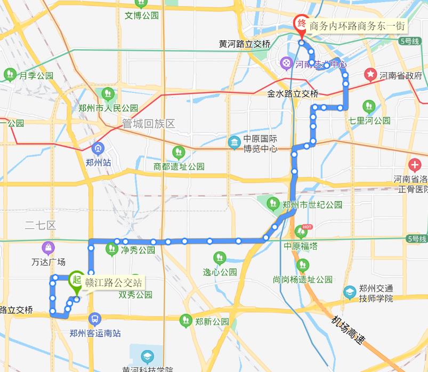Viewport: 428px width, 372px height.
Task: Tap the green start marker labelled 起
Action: tap(76, 280)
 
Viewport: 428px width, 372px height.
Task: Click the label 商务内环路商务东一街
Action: tap(358, 26)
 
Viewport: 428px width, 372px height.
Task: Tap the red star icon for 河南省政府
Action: tap(370, 75)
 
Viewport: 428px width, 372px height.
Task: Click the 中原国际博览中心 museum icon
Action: tap(233, 143)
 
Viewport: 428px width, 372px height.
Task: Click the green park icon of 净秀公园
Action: tap(111, 248)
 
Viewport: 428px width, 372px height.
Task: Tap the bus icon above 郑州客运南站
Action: tap(94, 319)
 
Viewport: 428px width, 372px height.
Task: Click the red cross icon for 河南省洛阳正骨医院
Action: tap(414, 165)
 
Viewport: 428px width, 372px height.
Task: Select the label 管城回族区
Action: tap(149, 124)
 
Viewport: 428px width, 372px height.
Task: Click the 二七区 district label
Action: tap(41, 225)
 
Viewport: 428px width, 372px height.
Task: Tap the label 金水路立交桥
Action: tap(293, 94)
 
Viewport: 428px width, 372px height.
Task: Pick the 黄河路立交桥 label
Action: tap(245, 44)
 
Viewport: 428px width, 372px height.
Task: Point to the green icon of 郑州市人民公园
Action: tap(108, 94)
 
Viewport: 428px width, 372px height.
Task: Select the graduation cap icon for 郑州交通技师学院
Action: tap(350, 292)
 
